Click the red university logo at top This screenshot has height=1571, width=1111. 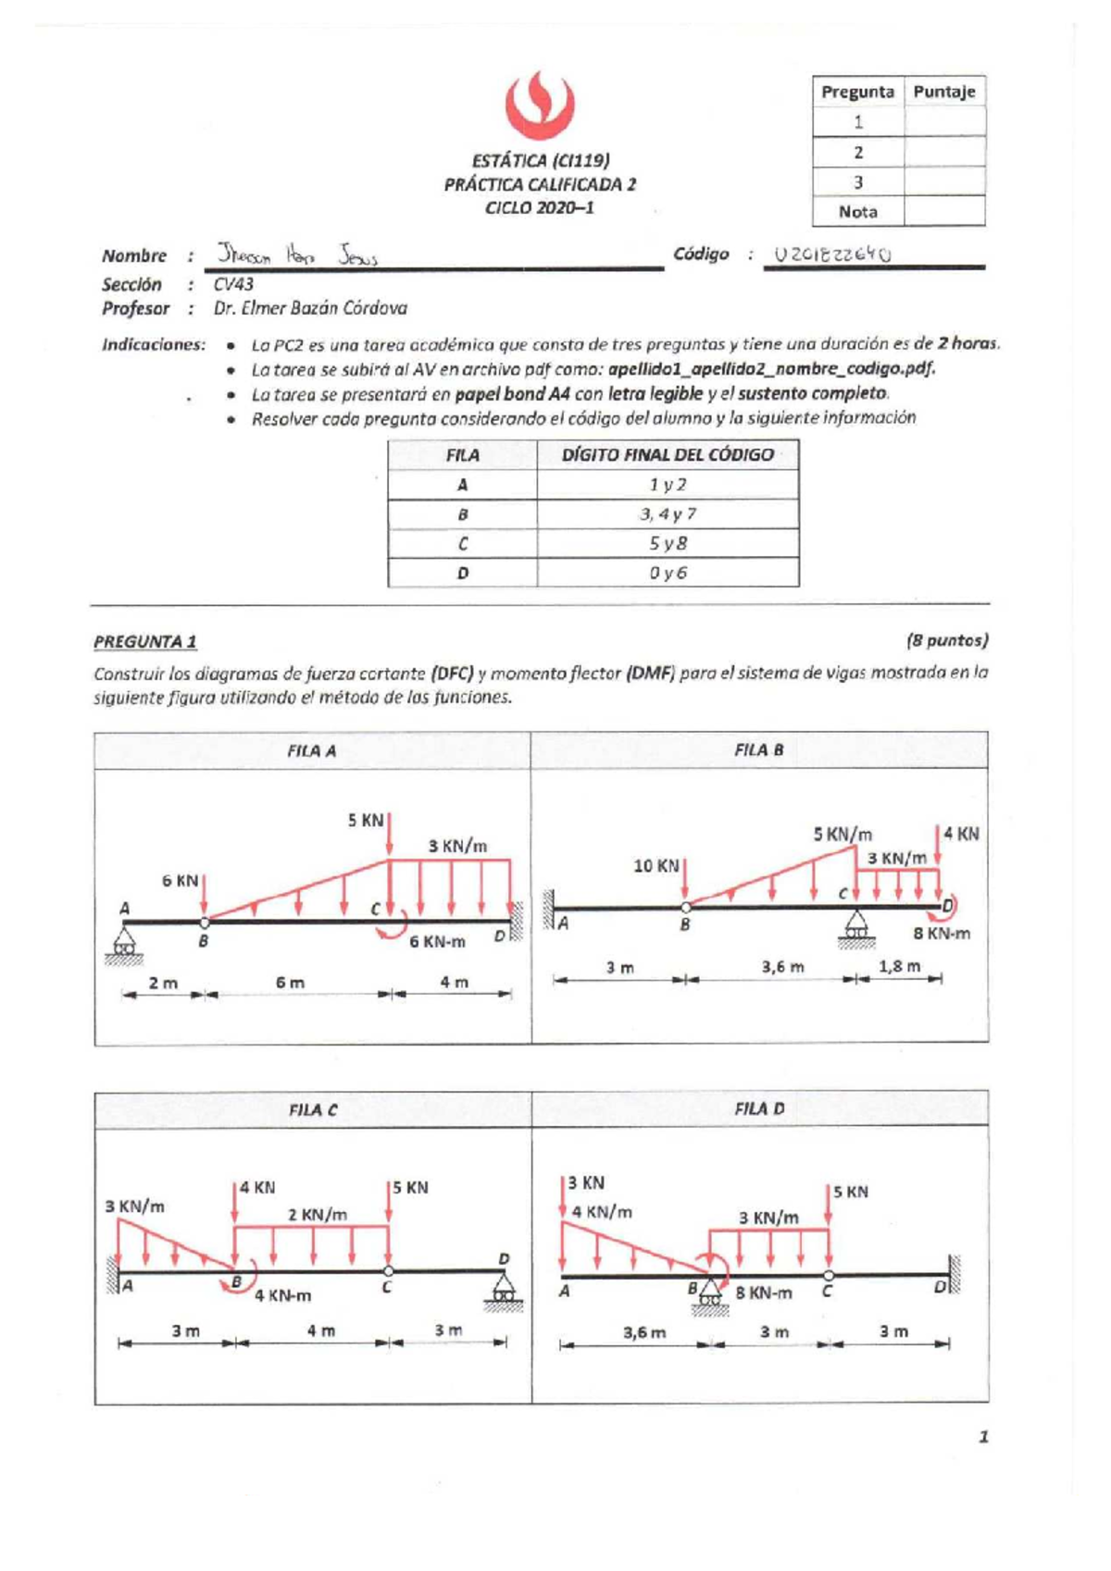point(540,106)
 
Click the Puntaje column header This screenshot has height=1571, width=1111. point(943,92)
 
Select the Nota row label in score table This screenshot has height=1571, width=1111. point(857,212)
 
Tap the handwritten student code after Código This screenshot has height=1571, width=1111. point(832,254)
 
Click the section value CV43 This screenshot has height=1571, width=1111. point(233,284)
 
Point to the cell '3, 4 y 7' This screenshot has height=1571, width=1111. point(668,514)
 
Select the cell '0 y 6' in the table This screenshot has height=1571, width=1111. point(668,573)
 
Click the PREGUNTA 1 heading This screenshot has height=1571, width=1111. point(144,641)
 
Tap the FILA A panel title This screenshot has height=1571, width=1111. point(311,751)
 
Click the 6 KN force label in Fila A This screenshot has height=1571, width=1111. point(180,881)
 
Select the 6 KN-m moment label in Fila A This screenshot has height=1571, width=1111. point(437,942)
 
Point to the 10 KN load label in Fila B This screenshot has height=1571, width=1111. point(655,866)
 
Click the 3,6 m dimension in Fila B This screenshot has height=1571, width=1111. point(782,967)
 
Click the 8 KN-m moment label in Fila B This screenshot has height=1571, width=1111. point(941,934)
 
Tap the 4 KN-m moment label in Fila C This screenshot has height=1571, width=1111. point(282,1296)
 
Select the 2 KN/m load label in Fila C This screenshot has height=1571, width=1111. point(317,1215)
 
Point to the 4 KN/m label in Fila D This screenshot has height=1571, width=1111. point(602,1212)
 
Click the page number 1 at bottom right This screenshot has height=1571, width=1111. point(983,1437)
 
